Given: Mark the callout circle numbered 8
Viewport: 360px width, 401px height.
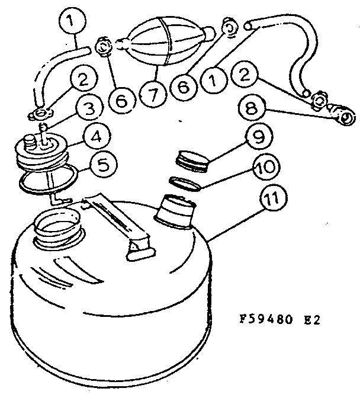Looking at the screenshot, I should coord(251,110).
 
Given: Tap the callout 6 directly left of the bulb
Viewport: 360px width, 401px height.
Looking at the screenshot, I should coord(121,100).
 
